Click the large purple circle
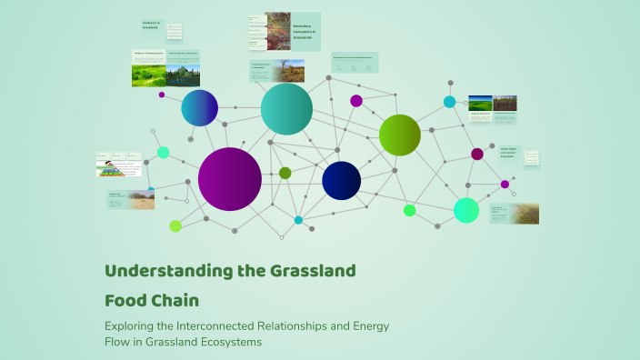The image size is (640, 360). (230, 179)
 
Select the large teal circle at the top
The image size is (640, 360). (286, 109)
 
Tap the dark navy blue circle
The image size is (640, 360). (342, 180)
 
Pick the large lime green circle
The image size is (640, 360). (399, 135)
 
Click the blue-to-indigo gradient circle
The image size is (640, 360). (199, 108)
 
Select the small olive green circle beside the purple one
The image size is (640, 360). (285, 173)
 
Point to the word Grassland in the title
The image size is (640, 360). (308, 270)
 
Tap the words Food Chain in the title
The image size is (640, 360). (152, 299)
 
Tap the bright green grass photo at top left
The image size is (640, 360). (147, 73)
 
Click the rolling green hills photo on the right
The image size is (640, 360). (480, 104)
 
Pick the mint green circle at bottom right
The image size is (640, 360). (466, 210)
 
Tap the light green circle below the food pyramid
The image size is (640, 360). (175, 225)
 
